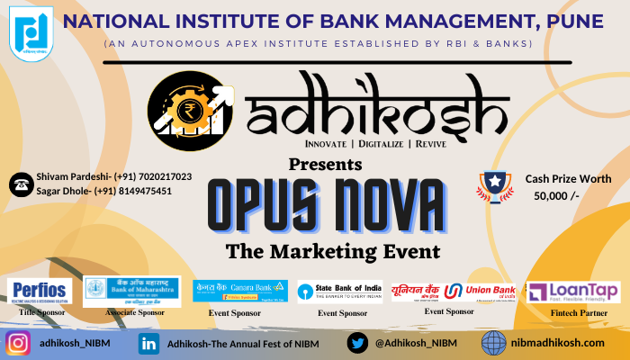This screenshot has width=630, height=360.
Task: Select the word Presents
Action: (325, 164)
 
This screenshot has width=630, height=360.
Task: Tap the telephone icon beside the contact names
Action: (19, 184)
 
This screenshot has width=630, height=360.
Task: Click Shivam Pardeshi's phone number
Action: (152, 176)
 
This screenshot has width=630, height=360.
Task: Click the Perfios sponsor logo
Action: (40, 291)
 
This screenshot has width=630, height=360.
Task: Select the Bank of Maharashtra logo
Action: (132, 289)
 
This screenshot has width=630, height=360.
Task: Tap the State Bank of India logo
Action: (340, 291)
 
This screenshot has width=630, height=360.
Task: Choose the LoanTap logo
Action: (561, 292)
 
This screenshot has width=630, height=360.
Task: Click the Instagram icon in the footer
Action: (18, 343)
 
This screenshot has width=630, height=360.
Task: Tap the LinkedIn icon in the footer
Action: (149, 343)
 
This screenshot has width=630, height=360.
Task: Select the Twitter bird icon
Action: (358, 343)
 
